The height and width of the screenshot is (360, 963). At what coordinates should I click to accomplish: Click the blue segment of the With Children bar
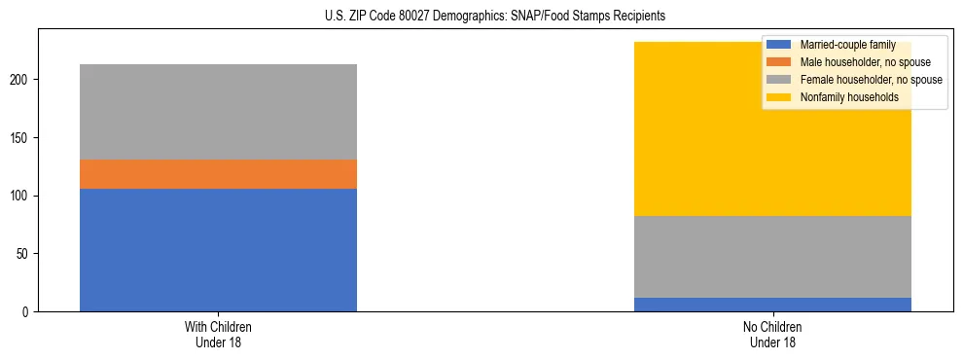(218, 250)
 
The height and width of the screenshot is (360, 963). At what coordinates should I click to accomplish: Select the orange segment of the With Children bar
(218, 174)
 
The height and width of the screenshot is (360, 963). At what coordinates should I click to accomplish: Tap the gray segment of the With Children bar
(218, 112)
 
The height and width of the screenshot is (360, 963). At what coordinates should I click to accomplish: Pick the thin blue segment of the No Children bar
(772, 305)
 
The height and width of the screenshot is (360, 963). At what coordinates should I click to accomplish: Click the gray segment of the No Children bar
(772, 257)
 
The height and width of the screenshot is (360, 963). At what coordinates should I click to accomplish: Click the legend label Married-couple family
(847, 45)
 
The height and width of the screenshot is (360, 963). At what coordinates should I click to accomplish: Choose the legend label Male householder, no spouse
(858, 62)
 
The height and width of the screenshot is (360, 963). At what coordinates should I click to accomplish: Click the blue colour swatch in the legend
(779, 45)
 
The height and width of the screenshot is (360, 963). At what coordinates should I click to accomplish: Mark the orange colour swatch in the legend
(779, 62)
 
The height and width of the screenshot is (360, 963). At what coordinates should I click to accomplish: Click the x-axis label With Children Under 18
(218, 334)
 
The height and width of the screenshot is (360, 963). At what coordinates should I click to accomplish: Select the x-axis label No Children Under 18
(772, 334)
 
